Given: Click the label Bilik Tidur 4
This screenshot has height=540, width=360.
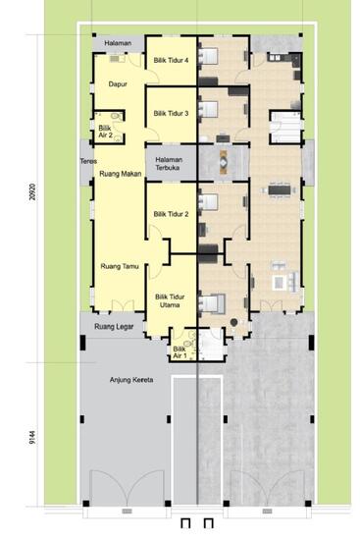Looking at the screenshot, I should click(171, 60).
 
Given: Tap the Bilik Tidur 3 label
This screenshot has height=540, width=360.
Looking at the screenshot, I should click(171, 114).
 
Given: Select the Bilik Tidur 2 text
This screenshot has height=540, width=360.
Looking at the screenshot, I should click(171, 213).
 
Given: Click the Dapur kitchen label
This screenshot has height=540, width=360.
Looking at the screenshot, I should click(119, 84).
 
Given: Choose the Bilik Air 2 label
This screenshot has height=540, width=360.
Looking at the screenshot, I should click(105, 132).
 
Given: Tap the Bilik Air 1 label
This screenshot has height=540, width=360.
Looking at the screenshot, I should click(180, 352).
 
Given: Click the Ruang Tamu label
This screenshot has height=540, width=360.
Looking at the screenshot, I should click(119, 265).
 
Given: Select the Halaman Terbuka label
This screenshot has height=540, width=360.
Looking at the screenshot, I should click(171, 163).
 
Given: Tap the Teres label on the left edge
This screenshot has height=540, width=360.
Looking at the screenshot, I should click(86, 162).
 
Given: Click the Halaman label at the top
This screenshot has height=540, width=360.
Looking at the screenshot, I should click(119, 45).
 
